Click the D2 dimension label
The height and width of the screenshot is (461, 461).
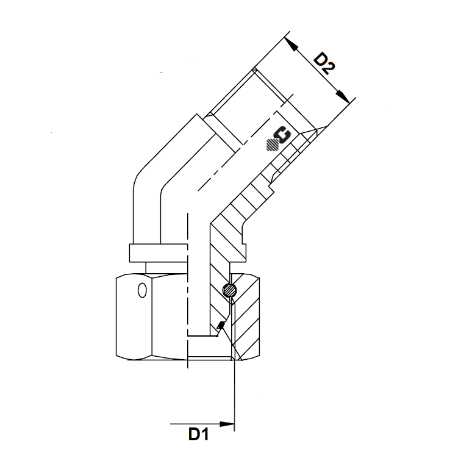(324, 63)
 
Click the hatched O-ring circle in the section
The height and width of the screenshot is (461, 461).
(229, 291)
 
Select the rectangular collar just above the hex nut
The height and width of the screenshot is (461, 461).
(159, 252)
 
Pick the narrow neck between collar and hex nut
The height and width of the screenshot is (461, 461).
(165, 267)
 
